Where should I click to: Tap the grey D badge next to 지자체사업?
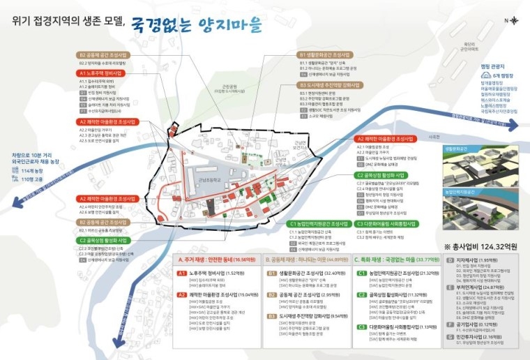[x=450, y=260]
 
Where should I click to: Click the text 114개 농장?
[x=33, y=171]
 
